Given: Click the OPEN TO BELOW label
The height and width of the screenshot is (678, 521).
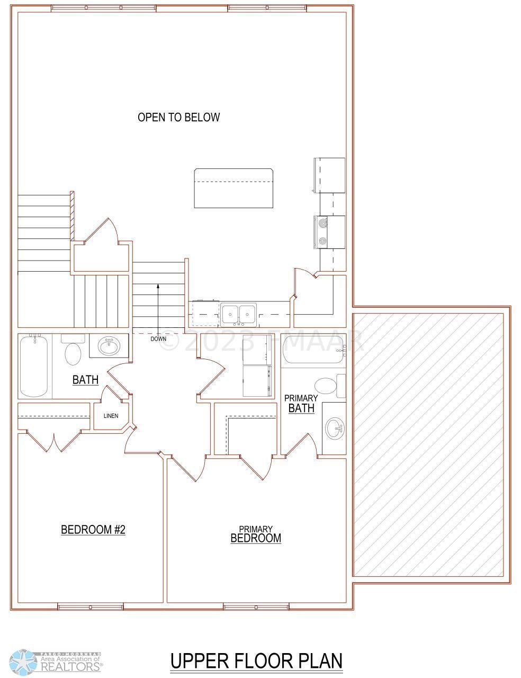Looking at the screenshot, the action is pyautogui.click(x=178, y=117).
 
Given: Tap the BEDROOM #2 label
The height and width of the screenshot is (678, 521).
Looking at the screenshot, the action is pyautogui.click(x=93, y=530).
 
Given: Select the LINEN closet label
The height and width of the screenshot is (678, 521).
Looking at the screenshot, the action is pyautogui.click(x=111, y=416).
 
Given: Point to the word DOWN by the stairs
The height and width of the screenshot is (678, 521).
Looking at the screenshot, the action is pyautogui.click(x=158, y=339).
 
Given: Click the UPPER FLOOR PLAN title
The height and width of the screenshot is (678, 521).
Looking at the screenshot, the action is pyautogui.click(x=256, y=658).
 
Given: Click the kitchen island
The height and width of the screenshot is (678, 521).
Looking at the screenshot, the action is pyautogui.click(x=233, y=188).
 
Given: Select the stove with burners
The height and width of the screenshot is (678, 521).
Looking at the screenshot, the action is pyautogui.click(x=329, y=232).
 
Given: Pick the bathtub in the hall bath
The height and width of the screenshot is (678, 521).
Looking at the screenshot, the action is pyautogui.click(x=34, y=366).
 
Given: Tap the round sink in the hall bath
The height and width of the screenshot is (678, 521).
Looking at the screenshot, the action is pyautogui.click(x=109, y=346).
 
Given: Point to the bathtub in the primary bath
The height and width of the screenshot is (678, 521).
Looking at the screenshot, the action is pyautogui.click(x=313, y=349).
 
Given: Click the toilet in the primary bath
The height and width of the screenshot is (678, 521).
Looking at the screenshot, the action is pyautogui.click(x=330, y=386).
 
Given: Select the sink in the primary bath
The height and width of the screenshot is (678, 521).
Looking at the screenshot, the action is pyautogui.click(x=335, y=428).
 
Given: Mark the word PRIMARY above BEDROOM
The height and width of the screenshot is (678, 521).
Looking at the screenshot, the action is pyautogui.click(x=256, y=529).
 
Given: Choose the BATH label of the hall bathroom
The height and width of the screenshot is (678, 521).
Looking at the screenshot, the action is pyautogui.click(x=85, y=380).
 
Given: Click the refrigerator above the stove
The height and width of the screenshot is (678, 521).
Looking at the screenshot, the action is pyautogui.click(x=329, y=175).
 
